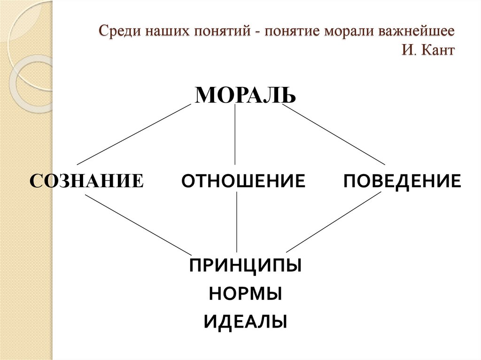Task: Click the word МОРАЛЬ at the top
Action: (245, 95)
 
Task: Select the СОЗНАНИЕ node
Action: (87, 181)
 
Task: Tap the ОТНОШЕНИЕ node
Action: (243, 181)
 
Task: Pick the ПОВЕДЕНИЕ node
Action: (402, 181)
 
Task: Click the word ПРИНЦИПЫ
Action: (245, 266)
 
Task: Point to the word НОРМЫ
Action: (245, 294)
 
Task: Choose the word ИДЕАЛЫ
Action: (245, 322)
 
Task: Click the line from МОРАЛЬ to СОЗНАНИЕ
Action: (133, 134)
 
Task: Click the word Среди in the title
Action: (117, 33)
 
